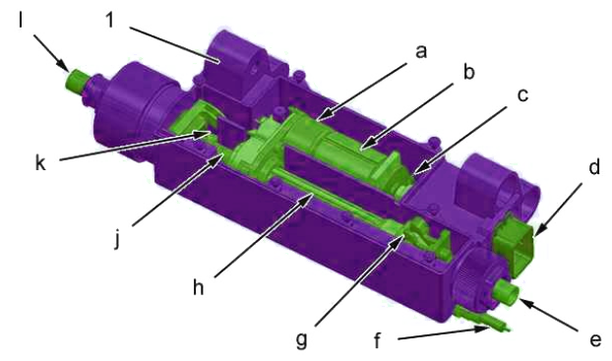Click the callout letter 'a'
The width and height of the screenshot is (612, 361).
(x=421, y=52)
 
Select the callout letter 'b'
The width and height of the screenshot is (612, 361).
(x=468, y=72)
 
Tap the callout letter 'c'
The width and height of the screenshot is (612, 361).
(x=522, y=95)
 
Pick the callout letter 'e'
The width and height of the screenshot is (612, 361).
(x=595, y=340)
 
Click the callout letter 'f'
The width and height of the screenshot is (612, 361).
(x=377, y=340)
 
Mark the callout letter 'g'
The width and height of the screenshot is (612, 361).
(x=301, y=340)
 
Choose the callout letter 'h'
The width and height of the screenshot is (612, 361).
(x=199, y=287)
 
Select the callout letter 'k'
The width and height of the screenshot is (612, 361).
(x=41, y=162)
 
